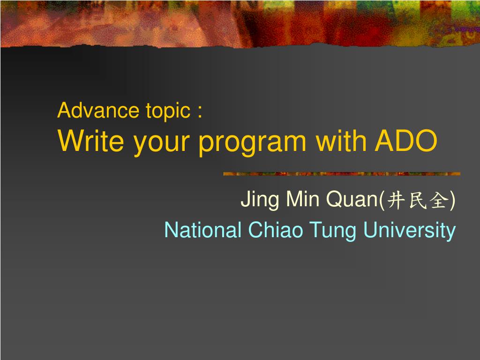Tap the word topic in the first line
168,112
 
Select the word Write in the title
90,141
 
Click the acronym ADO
406,141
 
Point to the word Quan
352,199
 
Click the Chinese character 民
418,200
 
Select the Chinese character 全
439,200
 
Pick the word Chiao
276,230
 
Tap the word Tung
333,231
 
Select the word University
410,231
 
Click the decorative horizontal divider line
342,174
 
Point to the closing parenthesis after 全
452,200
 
